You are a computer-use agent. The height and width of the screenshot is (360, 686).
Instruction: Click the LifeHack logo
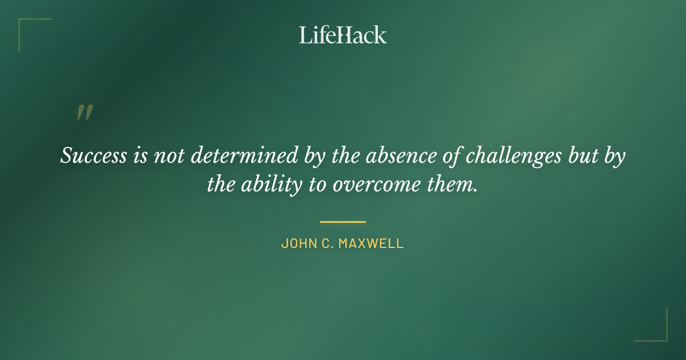point(342,35)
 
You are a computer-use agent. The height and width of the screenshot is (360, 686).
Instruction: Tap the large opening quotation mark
point(84,113)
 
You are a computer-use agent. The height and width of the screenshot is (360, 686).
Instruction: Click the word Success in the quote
point(93,156)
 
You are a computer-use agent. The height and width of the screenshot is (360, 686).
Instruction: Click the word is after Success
point(139,156)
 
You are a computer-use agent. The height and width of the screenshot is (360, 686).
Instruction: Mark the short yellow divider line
point(342,222)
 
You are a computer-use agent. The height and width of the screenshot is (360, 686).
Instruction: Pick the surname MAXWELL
point(372,243)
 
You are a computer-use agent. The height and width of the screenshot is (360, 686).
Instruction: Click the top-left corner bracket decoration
point(26,26)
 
